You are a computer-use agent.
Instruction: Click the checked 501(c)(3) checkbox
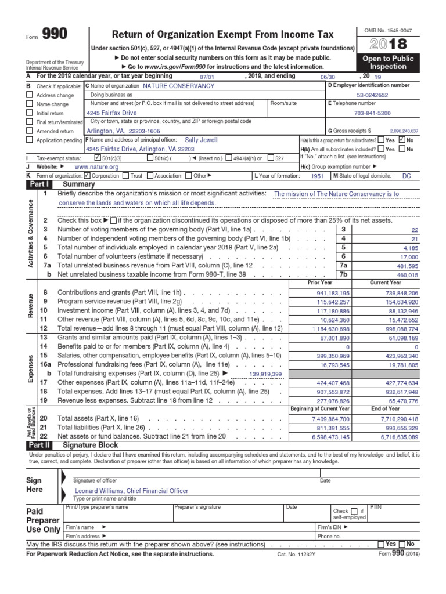[x=96, y=158]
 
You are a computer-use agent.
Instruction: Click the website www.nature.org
[x=96, y=166]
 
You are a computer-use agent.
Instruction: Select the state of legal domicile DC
[x=406, y=175]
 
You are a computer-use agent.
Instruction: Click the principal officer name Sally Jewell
[x=202, y=140]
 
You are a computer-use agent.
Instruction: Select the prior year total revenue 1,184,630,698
[x=325, y=328]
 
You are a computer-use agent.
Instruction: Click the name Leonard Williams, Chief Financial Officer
[x=131, y=490]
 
